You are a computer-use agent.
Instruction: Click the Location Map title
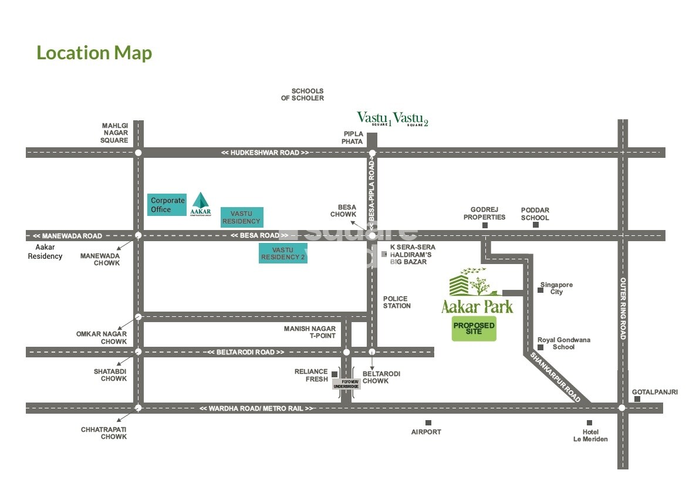(x=94, y=53)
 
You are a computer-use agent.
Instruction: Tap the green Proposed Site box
(x=474, y=329)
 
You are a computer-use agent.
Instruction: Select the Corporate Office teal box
(x=167, y=205)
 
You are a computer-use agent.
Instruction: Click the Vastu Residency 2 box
(x=283, y=254)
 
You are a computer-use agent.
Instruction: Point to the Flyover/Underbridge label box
(x=346, y=384)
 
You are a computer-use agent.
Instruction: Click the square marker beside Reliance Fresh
(x=335, y=374)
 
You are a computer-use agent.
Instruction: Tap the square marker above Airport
(x=428, y=422)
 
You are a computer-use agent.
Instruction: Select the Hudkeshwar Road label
(x=265, y=153)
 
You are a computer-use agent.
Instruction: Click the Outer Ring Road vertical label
(x=623, y=308)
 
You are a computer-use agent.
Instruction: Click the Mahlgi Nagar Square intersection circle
(x=138, y=153)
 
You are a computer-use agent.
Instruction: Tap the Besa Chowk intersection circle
(x=372, y=236)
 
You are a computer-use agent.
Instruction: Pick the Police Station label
(x=397, y=302)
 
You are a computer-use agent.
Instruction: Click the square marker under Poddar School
(x=535, y=225)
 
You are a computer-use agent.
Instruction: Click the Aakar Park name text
(x=477, y=306)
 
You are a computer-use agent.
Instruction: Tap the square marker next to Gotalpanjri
(x=637, y=399)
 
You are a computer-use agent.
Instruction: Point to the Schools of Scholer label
(x=302, y=94)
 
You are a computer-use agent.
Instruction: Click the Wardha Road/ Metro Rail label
(x=256, y=408)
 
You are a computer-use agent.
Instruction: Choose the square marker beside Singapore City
(x=541, y=289)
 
